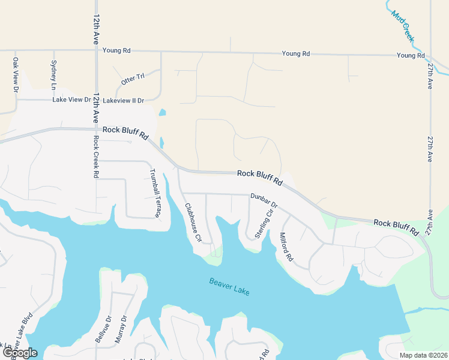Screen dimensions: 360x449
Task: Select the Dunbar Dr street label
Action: coord(264,200)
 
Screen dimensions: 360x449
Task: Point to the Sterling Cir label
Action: coord(265,223)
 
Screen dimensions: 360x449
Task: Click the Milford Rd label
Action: coord(286,247)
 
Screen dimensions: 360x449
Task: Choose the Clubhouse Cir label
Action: coord(193,221)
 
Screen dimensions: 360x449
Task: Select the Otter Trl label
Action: coord(133,79)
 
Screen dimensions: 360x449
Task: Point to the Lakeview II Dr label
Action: coord(124,100)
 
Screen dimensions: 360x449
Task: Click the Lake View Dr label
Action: coord(71,100)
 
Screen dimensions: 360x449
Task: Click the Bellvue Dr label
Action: coord(100,329)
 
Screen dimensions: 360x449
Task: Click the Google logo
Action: coord(20,353)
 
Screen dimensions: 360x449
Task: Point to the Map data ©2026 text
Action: coord(423,355)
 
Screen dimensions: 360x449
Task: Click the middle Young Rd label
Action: coord(297,54)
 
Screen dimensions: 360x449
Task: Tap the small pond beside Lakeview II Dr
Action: coord(161,112)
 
